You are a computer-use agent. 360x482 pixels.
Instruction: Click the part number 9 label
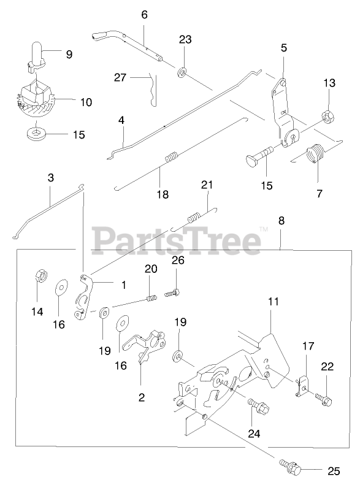[69, 55]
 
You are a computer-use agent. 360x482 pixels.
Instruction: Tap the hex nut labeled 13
[328, 117]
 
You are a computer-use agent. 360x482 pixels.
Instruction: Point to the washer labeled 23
[182, 73]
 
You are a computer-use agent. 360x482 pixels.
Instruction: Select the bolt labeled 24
[259, 406]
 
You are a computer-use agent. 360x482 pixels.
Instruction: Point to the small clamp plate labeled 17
[302, 385]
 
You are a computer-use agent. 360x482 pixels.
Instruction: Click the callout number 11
[273, 301]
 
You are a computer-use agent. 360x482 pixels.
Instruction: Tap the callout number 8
[281, 221]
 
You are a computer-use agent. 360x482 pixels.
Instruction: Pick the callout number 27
[120, 77]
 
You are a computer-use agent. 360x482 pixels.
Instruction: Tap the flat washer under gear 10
[36, 133]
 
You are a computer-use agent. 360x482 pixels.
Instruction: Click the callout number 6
[144, 15]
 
